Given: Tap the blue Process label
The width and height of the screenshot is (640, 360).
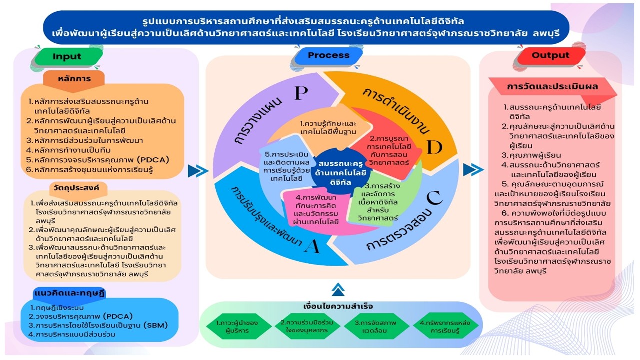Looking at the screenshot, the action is (x=328, y=55).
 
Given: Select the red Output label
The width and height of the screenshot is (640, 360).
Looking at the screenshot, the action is (x=550, y=55).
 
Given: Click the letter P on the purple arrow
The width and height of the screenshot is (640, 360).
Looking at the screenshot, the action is (x=301, y=93).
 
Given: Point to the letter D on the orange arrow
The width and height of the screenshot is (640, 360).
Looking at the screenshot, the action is (x=435, y=147).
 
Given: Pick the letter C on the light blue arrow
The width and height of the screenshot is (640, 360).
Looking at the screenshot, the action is (x=435, y=198).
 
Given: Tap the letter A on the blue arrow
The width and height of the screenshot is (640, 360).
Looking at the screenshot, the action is (x=312, y=246).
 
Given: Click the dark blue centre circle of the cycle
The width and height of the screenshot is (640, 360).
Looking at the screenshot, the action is (x=340, y=172).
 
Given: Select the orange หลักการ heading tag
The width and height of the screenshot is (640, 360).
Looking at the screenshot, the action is (x=74, y=80).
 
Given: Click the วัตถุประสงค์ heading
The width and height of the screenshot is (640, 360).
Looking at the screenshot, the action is (x=76, y=188).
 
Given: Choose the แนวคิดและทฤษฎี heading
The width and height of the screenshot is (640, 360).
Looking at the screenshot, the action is (x=69, y=293).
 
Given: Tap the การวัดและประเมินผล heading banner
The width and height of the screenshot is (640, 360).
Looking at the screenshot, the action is (x=552, y=86).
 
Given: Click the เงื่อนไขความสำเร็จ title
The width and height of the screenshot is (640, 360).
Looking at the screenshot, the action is (x=338, y=306).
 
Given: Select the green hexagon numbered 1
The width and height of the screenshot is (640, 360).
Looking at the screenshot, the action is (x=237, y=327).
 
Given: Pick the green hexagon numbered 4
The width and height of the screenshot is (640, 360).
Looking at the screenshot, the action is (x=445, y=327).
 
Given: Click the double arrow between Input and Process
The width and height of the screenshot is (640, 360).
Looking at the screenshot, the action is (x=198, y=171).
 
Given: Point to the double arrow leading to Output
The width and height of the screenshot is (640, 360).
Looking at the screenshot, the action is (x=473, y=170).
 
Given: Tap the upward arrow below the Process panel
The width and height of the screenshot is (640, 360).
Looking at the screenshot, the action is (x=338, y=289).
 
